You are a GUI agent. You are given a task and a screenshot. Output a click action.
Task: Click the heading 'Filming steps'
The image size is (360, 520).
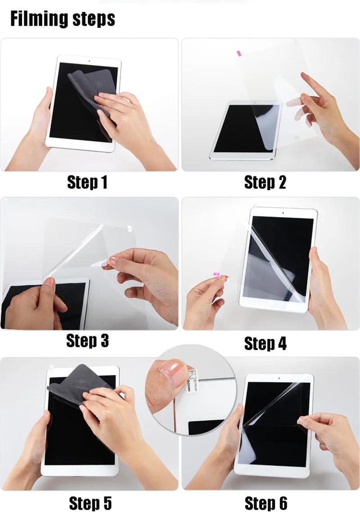coord(63,19)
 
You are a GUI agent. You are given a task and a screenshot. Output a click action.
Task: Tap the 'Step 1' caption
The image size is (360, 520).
coord(87,183)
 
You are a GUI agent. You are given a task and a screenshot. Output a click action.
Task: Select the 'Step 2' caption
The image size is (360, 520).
coord(265,183)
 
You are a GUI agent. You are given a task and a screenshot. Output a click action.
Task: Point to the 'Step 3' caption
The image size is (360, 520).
coord(87,341)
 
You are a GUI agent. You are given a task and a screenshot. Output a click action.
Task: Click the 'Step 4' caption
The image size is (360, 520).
coord(265,344)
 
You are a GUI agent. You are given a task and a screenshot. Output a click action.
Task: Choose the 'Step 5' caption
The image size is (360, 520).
coord(90,503)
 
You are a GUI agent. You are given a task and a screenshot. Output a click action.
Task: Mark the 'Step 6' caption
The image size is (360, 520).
coord(265,503)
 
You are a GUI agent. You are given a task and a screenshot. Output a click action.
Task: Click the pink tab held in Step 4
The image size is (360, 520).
coord(216,274)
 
